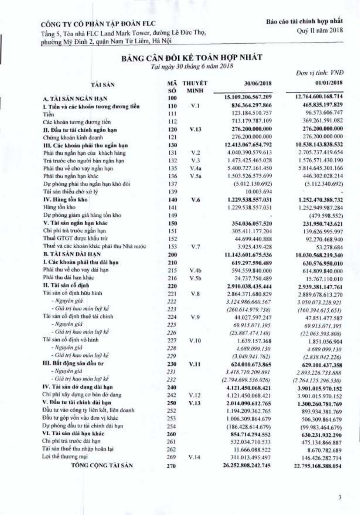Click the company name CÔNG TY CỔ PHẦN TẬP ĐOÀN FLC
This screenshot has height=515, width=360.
tap(98, 24)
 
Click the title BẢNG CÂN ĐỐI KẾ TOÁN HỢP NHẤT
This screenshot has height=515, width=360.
tap(192, 57)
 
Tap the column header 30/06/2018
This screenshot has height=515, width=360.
tap(258, 83)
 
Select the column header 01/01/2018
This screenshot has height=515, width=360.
tap(329, 83)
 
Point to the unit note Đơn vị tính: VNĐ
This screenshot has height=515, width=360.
tap(320, 73)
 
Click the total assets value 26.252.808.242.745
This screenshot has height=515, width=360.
tap(247, 465)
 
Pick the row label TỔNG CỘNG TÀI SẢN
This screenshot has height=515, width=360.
tap(102, 465)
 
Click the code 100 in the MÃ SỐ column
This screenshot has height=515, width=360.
tap(172, 98)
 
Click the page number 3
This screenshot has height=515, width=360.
tap(340, 497)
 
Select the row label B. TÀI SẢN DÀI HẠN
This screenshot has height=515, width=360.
tap(72, 254)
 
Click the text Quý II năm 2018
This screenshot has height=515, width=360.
tap(320, 30)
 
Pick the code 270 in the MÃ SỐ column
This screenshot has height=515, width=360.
tap(171, 466)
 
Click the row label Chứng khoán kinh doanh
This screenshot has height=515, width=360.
tap(73, 138)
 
